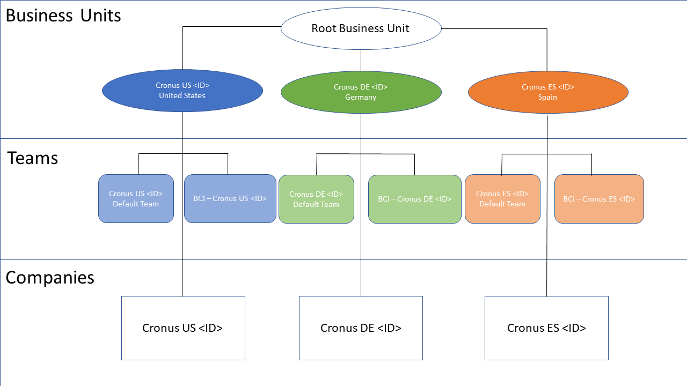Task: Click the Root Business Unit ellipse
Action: pos(361,28)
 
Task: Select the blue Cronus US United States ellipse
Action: pos(182,91)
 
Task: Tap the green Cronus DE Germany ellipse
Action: pos(361,92)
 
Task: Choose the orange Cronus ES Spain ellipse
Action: pos(548,92)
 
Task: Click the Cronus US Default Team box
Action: pos(136,198)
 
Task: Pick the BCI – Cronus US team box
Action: pos(230,198)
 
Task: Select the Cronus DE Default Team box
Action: pos(316,199)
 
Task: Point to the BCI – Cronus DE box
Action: pos(415,199)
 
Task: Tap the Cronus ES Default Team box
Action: pos(502,198)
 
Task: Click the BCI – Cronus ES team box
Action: pos(599,199)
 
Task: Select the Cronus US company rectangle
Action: pos(183,328)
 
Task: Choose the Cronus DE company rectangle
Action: pos(361,328)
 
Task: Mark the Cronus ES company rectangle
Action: pos(546,328)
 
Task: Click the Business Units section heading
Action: pos(63,16)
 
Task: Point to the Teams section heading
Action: pos(33,158)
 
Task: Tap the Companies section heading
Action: pos(50,277)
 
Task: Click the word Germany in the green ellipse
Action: pos(361,98)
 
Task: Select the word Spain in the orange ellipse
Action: pos(547,98)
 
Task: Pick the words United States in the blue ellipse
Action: pos(182,96)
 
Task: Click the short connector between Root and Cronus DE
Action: pos(361,60)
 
